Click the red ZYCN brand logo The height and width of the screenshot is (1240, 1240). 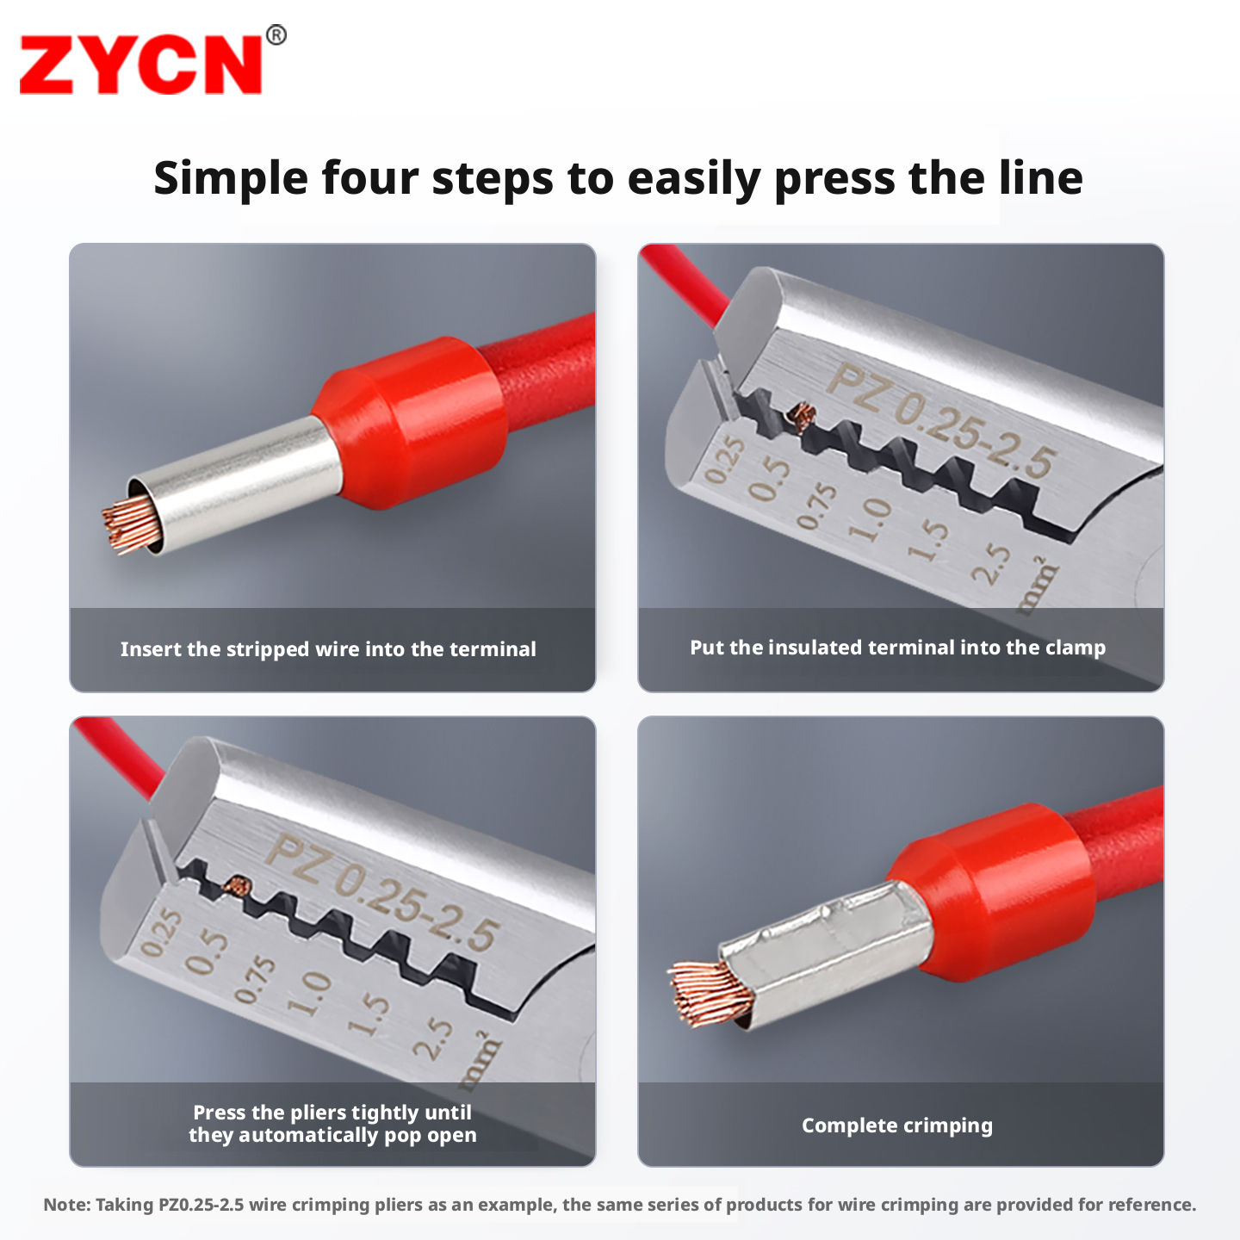[x=140, y=65]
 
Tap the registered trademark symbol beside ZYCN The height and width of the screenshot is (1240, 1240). [x=276, y=34]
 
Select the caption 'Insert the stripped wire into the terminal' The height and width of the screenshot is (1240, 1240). [x=328, y=648]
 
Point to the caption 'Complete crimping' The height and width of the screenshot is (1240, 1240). [x=897, y=1125]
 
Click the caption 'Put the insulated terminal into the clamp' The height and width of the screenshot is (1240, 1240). [x=897, y=648]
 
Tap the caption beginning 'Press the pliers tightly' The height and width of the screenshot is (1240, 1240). [x=332, y=1124]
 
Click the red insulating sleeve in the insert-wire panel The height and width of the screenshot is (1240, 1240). [x=408, y=421]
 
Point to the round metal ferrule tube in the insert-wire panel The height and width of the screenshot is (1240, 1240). [x=235, y=484]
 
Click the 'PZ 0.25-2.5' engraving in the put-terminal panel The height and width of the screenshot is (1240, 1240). [x=940, y=419]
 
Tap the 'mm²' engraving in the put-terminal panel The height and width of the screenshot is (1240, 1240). [x=1038, y=586]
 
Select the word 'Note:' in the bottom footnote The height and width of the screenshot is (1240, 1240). [x=67, y=1205]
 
